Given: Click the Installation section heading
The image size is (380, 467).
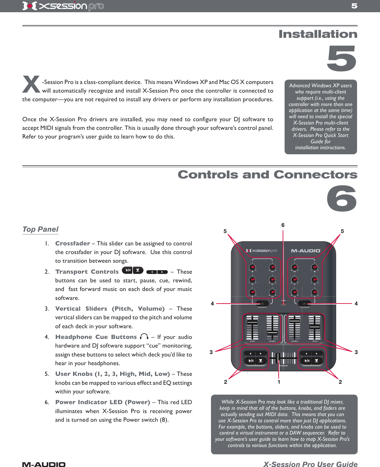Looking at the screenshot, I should tap(318, 34).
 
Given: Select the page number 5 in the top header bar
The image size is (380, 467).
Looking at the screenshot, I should tap(354, 6).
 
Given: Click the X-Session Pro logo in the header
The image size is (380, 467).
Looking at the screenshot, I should tap(63, 6).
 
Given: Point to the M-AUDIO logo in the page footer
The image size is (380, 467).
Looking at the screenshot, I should tap(44, 464).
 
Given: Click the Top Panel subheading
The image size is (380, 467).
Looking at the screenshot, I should tap(40, 229).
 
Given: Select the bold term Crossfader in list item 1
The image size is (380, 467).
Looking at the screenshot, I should tap(72, 243).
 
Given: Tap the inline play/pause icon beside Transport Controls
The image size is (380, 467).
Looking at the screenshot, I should tap(128, 270).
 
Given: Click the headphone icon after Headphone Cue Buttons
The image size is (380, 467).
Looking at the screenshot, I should tap(144, 337).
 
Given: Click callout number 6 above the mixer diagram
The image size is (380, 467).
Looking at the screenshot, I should tap(283, 225).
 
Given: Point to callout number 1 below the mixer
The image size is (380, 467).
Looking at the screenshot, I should tap(279, 382).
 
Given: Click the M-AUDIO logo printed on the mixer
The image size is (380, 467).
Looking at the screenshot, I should tap(305, 251).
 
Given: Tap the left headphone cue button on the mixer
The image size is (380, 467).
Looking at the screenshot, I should tap(262, 304).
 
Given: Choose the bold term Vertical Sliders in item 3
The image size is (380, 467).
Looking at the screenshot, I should tap(81, 309).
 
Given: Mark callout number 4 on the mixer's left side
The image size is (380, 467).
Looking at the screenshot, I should tap(212, 303).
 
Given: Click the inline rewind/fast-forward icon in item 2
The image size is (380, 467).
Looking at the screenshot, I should tap(157, 272).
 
